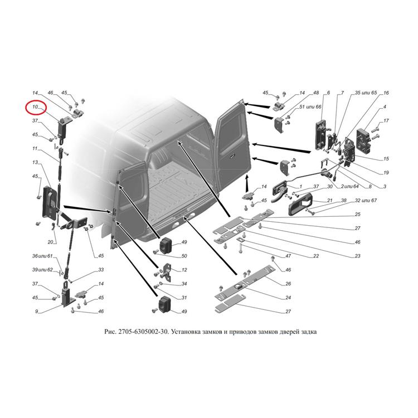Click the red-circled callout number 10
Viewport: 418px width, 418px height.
click(x=35, y=107)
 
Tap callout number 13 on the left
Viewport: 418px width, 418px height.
click(x=35, y=162)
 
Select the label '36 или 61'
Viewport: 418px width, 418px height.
click(x=42, y=256)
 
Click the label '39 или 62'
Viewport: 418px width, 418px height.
click(x=42, y=270)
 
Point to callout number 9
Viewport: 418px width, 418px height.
click(x=37, y=312)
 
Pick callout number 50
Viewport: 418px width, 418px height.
click(x=184, y=256)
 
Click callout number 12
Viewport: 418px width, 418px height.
click(x=184, y=270)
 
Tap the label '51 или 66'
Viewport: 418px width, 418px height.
click(x=310, y=107)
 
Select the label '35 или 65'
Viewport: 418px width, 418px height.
click(x=366, y=93)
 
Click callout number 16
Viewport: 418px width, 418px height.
click(x=386, y=93)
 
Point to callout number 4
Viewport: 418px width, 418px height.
click(x=385, y=107)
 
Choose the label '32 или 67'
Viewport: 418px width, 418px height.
click(x=366, y=200)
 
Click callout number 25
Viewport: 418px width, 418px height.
click(x=357, y=215)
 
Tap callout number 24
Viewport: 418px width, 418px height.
click(x=288, y=298)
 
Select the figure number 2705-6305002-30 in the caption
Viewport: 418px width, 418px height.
click(x=143, y=332)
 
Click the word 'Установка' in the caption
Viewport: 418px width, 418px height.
click(x=184, y=332)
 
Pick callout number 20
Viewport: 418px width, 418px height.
click(x=50, y=242)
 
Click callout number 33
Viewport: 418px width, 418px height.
click(x=101, y=270)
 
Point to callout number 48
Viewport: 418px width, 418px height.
click(x=316, y=93)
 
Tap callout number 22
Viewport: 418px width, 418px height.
click(x=316, y=256)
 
